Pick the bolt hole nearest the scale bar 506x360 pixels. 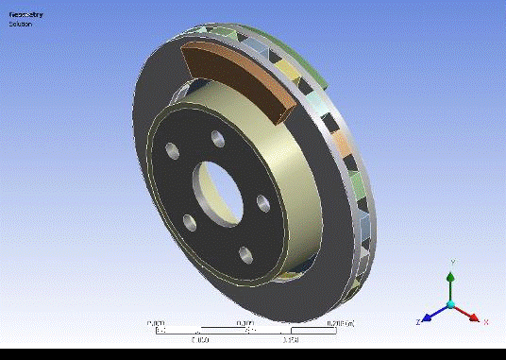(244, 252)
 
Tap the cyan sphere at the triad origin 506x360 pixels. (451, 304)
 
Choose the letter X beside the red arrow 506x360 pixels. (485, 321)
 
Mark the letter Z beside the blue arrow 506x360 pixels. (416, 322)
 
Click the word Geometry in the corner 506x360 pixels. (26, 14)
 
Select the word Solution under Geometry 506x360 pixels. (21, 24)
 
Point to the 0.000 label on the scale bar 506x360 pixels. (156, 323)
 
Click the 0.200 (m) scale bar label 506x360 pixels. (339, 323)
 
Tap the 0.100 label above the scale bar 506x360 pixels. (248, 323)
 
